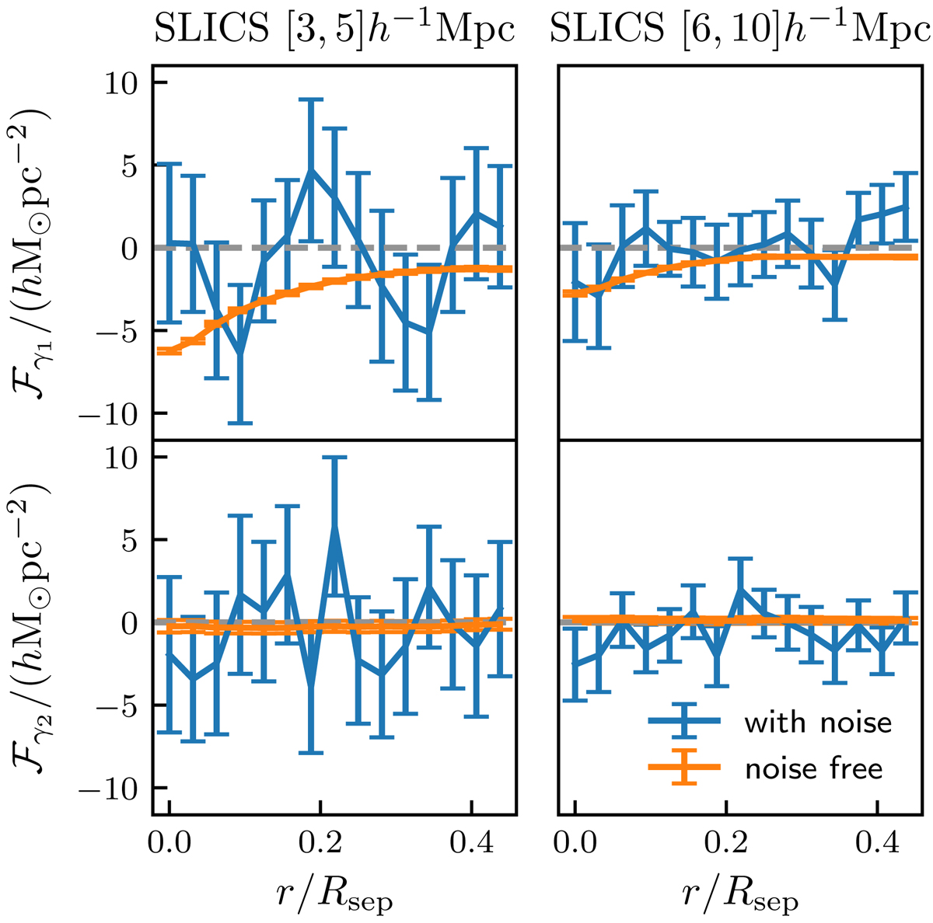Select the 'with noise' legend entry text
(x=817, y=723)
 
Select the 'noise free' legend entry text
(x=813, y=768)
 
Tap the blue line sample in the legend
(x=684, y=722)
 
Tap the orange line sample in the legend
(x=684, y=768)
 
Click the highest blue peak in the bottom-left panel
(x=335, y=527)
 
